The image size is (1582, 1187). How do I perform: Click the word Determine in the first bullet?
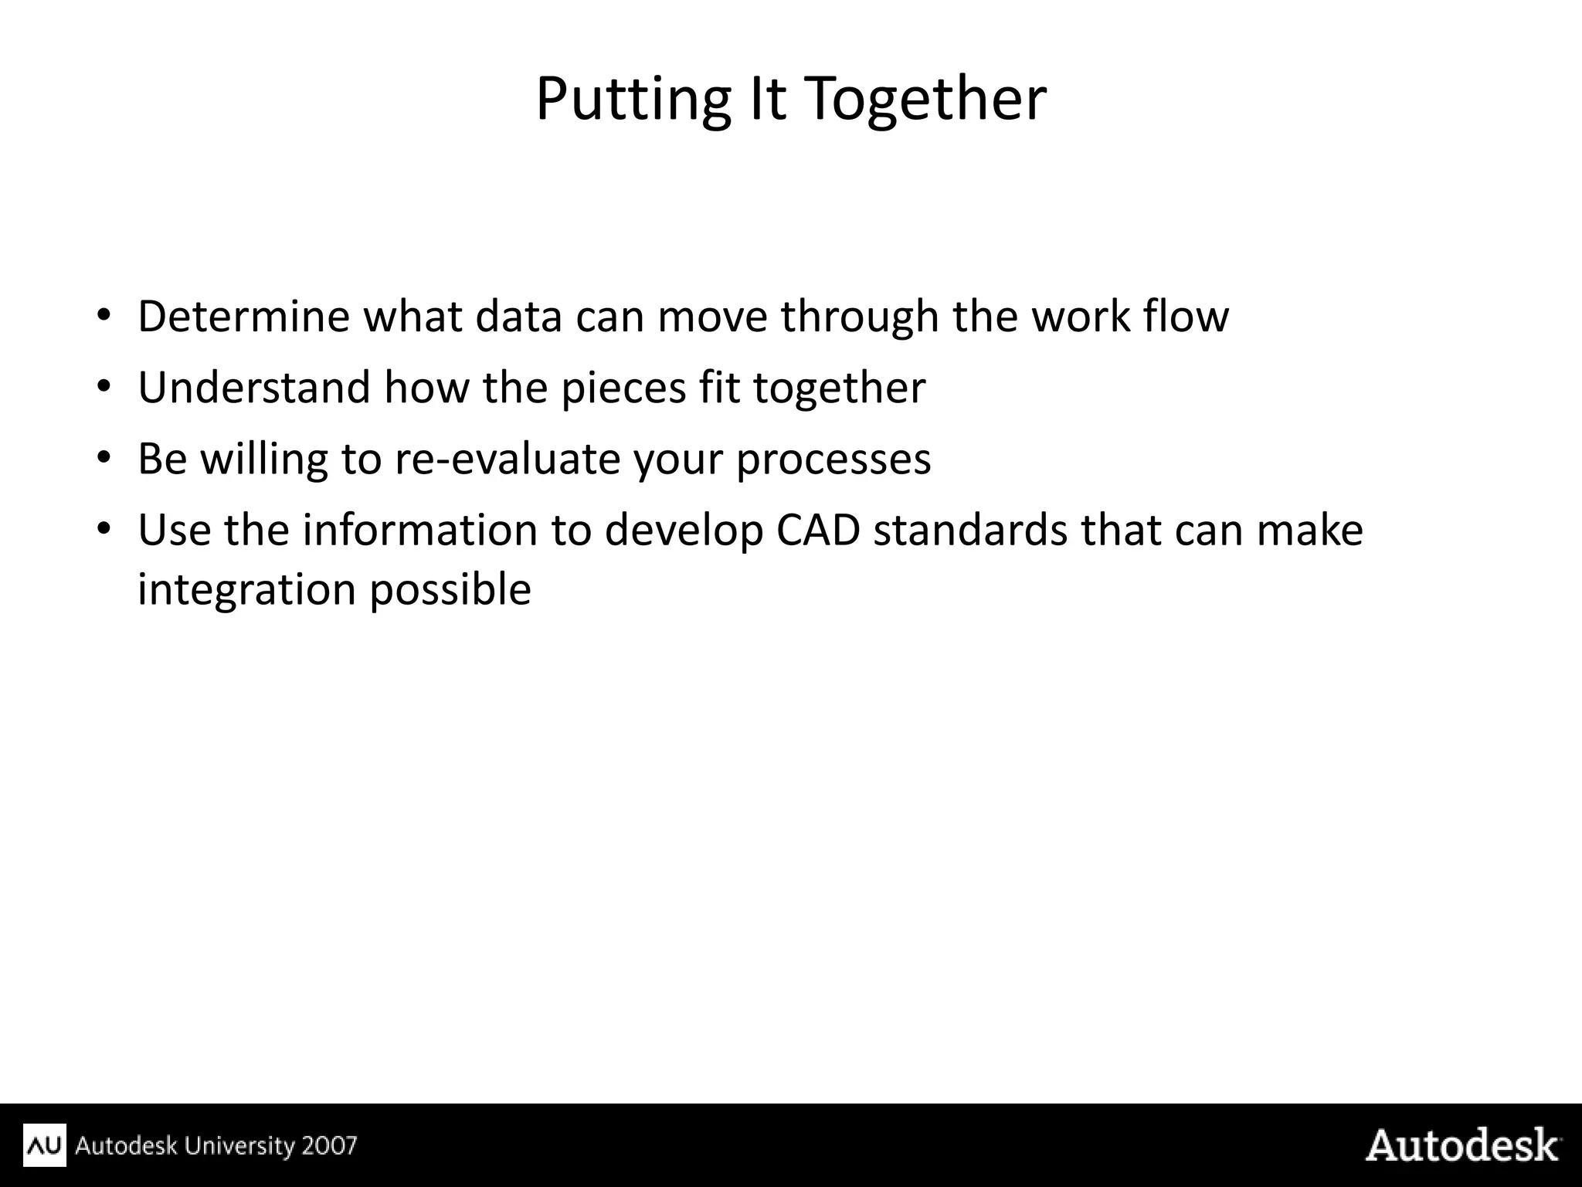pyautogui.click(x=243, y=317)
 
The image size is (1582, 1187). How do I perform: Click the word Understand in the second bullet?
pyautogui.click(x=254, y=388)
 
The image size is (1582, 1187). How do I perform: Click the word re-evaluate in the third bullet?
pyautogui.click(x=508, y=459)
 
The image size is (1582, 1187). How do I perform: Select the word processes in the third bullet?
pyautogui.click(x=833, y=460)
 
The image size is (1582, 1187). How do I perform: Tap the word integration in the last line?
pyautogui.click(x=246, y=591)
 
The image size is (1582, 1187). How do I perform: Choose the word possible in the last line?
pyautogui.click(x=450, y=591)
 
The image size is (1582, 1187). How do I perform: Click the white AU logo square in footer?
pyautogui.click(x=45, y=1145)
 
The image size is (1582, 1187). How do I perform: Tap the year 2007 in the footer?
pyautogui.click(x=330, y=1145)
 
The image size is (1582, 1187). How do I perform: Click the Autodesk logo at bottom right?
pyautogui.click(x=1461, y=1145)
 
